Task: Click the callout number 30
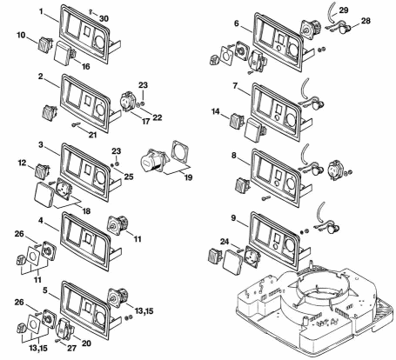tap(104, 18)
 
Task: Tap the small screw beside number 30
tap(91, 11)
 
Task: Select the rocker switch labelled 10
tap(45, 44)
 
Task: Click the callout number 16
tap(85, 66)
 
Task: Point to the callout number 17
tap(145, 121)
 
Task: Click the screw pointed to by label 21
tap(75, 124)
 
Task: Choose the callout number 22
tap(158, 117)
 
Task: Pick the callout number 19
tap(188, 177)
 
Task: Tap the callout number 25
tap(129, 177)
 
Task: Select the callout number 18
tap(86, 211)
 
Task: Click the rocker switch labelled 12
tap(43, 171)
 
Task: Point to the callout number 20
tap(86, 343)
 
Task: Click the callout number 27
tap(71, 348)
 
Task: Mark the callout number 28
tap(366, 21)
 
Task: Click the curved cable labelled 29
tap(331, 13)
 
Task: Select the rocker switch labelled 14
tap(237, 121)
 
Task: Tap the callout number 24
tap(225, 242)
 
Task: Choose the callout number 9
tap(234, 218)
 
